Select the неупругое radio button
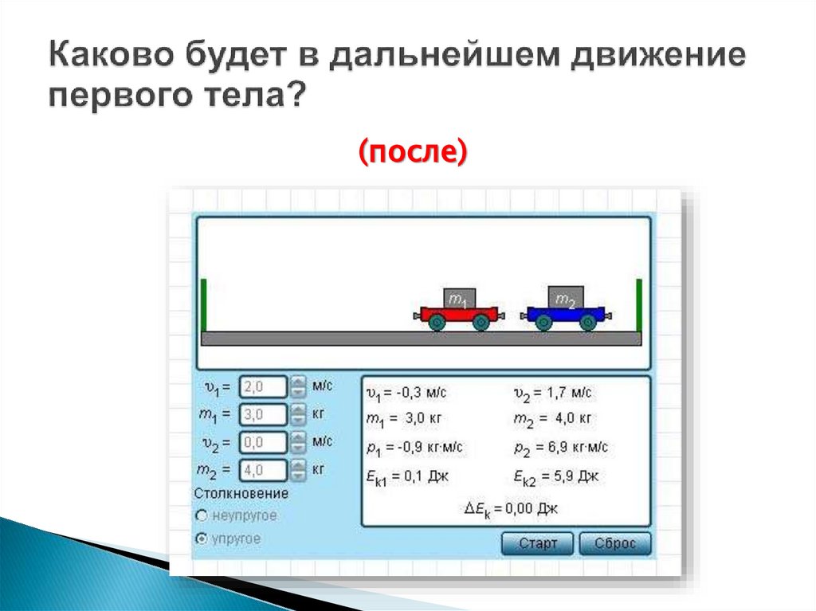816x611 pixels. (201, 516)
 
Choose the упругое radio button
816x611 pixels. (201, 539)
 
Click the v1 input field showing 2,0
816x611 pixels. (263, 387)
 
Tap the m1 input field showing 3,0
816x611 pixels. (263, 414)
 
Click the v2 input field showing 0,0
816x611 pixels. (263, 441)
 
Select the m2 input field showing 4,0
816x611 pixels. (263, 469)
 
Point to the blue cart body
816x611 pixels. (566, 314)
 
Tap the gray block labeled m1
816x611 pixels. (459, 299)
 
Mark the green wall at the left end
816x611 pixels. (204, 304)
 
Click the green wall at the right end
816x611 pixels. (638, 304)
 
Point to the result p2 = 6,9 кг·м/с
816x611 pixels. (562, 448)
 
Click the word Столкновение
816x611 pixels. (241, 494)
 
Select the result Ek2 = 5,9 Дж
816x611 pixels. (556, 477)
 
